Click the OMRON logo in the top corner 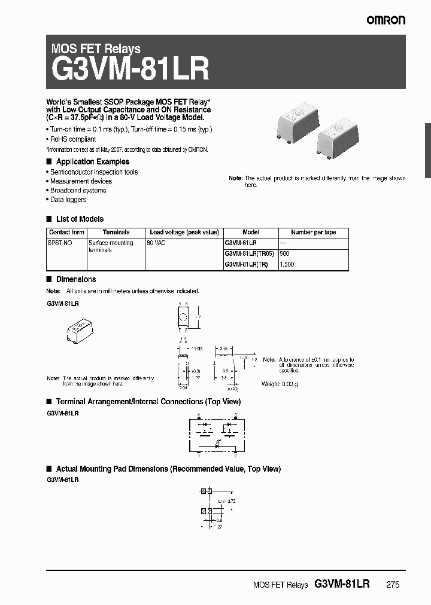pos(386,20)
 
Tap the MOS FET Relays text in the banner pos(96,49)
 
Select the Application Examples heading pos(92,162)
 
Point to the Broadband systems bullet pos(78,190)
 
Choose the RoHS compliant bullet pos(73,139)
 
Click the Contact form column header pos(66,233)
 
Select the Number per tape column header pos(313,233)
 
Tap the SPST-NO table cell pos(58,243)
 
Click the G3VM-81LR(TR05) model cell pos(250,253)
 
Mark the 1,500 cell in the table pos(287,264)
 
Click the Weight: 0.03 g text pos(280,384)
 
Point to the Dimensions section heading pos(75,279)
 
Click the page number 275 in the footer pos(393,585)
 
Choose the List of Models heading pos(80,219)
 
